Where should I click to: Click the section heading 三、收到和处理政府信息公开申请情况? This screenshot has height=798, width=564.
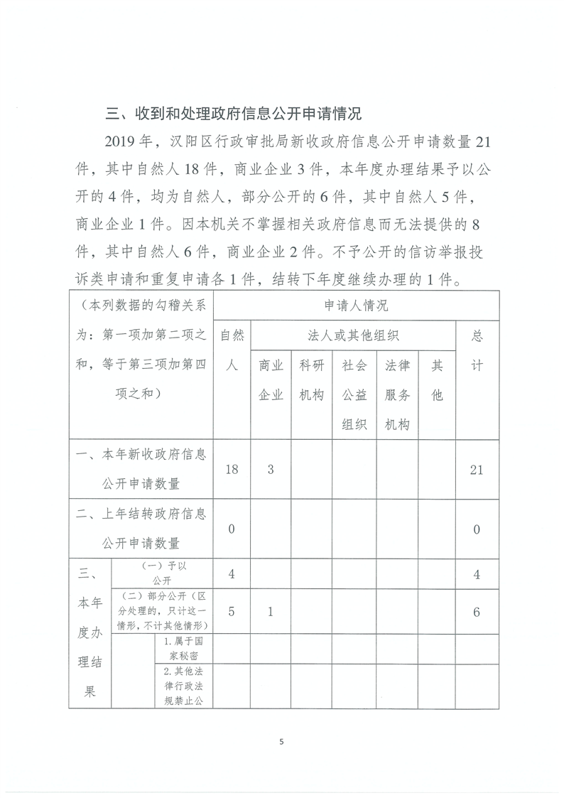click(233, 114)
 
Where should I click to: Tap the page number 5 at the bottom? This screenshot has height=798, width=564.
click(281, 742)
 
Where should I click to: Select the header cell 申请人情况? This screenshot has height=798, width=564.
click(356, 306)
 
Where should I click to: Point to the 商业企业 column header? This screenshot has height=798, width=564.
click(271, 380)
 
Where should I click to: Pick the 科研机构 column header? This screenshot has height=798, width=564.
click(313, 380)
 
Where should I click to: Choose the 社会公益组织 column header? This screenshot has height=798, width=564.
click(354, 394)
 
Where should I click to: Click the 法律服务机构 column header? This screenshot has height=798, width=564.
click(397, 394)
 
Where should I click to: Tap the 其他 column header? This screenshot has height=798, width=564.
click(437, 380)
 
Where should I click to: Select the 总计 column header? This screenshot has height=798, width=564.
click(477, 351)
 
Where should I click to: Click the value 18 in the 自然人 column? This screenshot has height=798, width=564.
click(231, 470)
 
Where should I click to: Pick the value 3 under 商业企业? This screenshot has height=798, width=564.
click(271, 470)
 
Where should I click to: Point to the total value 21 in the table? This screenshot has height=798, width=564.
click(477, 470)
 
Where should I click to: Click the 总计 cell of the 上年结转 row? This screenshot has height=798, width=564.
click(477, 529)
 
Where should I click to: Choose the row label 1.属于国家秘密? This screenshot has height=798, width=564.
click(184, 646)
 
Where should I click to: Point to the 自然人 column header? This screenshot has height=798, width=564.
click(231, 351)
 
